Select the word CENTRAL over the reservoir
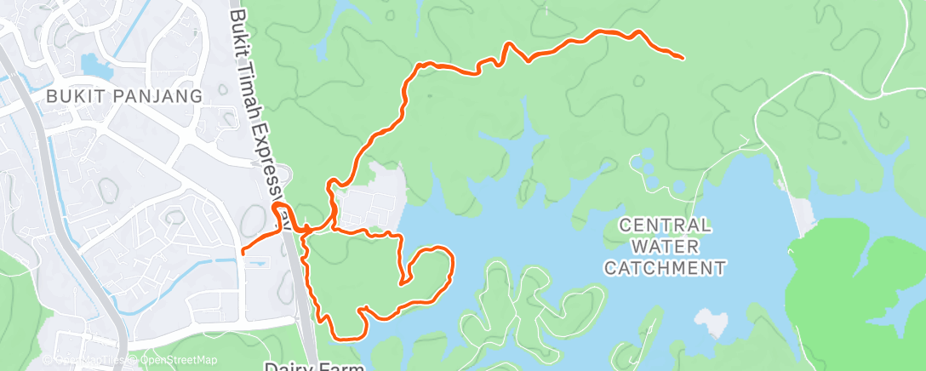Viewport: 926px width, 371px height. pyautogui.click(x=665, y=225)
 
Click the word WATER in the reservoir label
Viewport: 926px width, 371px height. pyautogui.click(x=665, y=247)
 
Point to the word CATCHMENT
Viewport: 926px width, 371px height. pyautogui.click(x=665, y=268)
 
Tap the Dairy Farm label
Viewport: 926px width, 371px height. pyautogui.click(x=314, y=366)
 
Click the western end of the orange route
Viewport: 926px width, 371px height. pyautogui.click(x=243, y=252)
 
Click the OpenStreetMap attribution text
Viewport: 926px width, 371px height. pyautogui.click(x=174, y=360)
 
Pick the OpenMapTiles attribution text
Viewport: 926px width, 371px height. pyautogui.click(x=89, y=360)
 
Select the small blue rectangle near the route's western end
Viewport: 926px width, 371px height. pyautogui.click(x=254, y=264)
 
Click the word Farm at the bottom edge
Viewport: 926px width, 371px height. pyautogui.click(x=342, y=366)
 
